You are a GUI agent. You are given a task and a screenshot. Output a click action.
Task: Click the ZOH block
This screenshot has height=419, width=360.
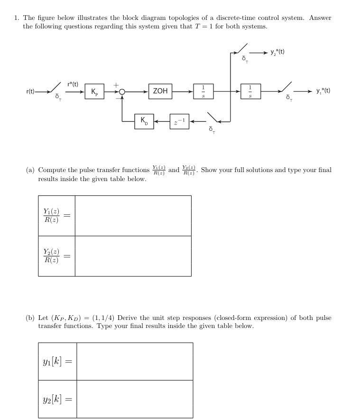pyautogui.click(x=160, y=91)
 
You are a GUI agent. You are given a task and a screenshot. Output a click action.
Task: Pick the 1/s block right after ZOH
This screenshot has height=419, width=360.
pyautogui.click(x=203, y=91)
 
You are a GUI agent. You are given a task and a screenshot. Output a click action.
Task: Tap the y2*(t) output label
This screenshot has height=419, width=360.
pyautogui.click(x=279, y=52)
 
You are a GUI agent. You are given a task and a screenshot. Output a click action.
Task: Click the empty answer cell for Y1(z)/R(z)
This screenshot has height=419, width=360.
pyautogui.click(x=133, y=216)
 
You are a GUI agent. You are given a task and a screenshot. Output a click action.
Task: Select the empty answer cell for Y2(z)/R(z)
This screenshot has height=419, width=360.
pyautogui.click(x=133, y=256)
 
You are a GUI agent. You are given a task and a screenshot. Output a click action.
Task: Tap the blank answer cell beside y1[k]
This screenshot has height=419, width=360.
pyautogui.click(x=135, y=361)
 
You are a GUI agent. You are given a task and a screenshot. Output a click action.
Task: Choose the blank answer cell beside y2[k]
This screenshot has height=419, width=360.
pyautogui.click(x=135, y=399)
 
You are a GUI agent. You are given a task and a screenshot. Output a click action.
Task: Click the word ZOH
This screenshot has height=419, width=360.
pyautogui.click(x=160, y=91)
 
